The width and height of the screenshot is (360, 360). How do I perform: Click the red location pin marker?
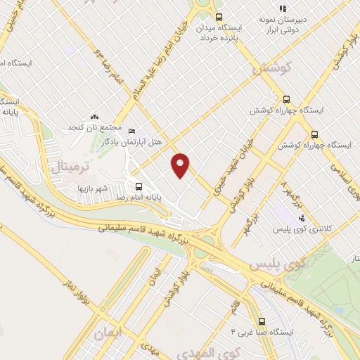pos(181,165)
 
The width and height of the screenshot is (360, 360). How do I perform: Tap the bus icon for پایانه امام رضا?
pos(139,188)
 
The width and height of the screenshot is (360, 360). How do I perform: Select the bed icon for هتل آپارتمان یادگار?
pos(133,131)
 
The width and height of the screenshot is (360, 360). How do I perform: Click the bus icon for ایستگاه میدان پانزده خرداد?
pos(219,17)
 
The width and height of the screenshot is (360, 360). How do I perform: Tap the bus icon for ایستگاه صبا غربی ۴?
pos(262,319)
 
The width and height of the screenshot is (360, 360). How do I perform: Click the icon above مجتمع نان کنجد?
pos(95,117)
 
